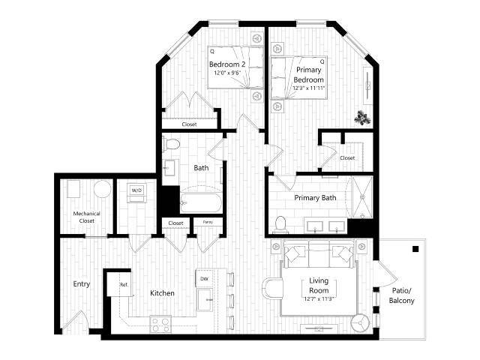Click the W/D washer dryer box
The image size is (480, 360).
(x=136, y=190)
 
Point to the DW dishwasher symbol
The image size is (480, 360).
(x=204, y=279)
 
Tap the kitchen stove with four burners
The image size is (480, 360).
(x=161, y=324)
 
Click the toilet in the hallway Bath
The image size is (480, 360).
(x=172, y=145)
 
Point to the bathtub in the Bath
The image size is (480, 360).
(x=200, y=203)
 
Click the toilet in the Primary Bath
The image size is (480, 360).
(x=281, y=223)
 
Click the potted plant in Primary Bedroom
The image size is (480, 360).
(x=363, y=117)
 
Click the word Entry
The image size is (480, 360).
(x=82, y=284)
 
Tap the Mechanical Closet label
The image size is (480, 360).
(x=86, y=217)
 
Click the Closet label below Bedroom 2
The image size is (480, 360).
(x=190, y=124)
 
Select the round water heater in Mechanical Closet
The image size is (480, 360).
(x=102, y=189)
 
